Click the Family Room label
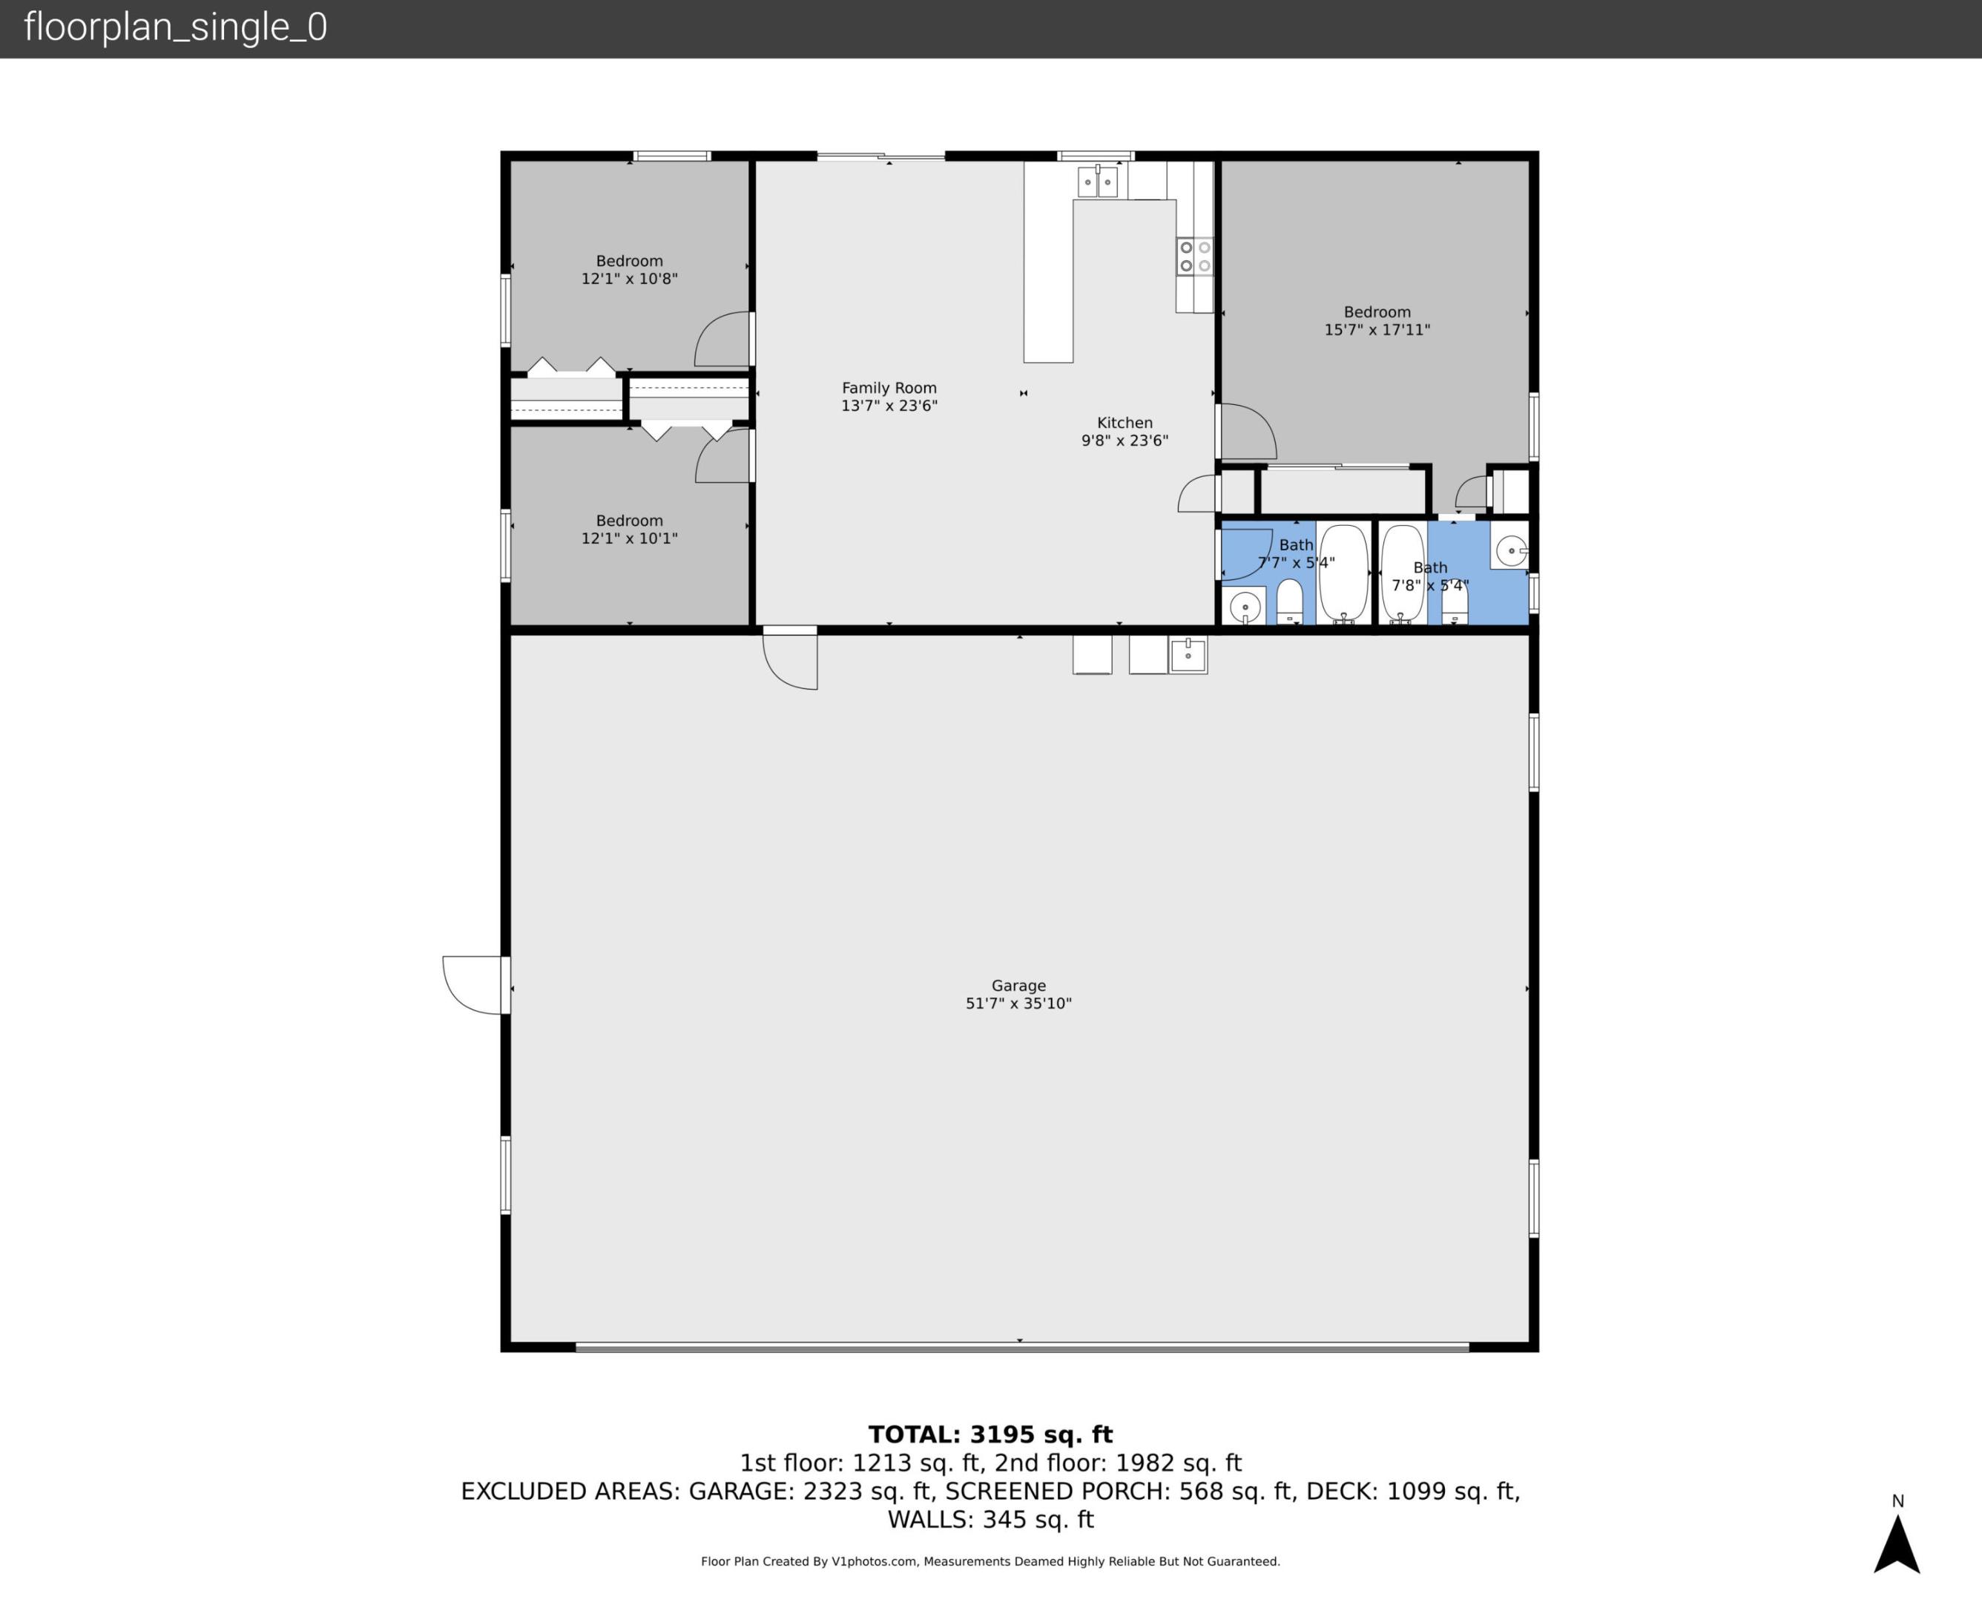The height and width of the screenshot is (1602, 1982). tap(889, 397)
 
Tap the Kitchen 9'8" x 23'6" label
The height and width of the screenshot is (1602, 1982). tap(1124, 432)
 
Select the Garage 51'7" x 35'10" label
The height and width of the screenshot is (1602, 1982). tap(1018, 994)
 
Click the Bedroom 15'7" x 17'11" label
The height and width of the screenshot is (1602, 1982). tap(1376, 320)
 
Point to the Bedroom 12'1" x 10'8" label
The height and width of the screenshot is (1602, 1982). tap(628, 269)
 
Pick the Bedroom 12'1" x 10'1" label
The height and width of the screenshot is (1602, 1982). tap(628, 529)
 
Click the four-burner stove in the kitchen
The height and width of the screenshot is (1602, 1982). tap(1194, 257)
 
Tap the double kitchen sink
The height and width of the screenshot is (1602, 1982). tap(1097, 182)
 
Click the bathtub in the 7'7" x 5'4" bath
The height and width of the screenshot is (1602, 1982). tap(1343, 574)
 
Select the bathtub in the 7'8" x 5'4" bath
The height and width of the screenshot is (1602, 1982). tap(1403, 574)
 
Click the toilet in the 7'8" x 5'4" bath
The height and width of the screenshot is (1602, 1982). tap(1454, 604)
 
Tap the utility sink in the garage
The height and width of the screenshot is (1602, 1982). tap(1188, 655)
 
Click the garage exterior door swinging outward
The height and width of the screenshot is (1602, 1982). tap(473, 985)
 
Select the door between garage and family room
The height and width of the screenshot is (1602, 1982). tap(790, 657)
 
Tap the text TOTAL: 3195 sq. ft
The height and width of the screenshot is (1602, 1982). tap(990, 1434)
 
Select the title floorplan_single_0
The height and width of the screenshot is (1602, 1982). tap(175, 27)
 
